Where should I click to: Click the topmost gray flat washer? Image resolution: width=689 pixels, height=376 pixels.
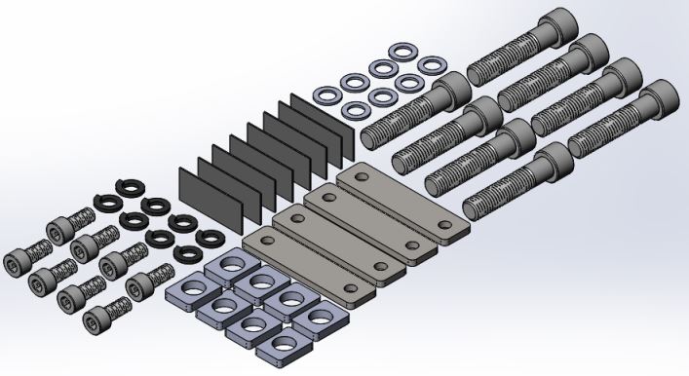[400, 52]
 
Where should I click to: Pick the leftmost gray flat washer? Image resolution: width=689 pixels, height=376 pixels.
[325, 95]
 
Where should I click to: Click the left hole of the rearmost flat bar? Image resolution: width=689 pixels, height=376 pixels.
[361, 177]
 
